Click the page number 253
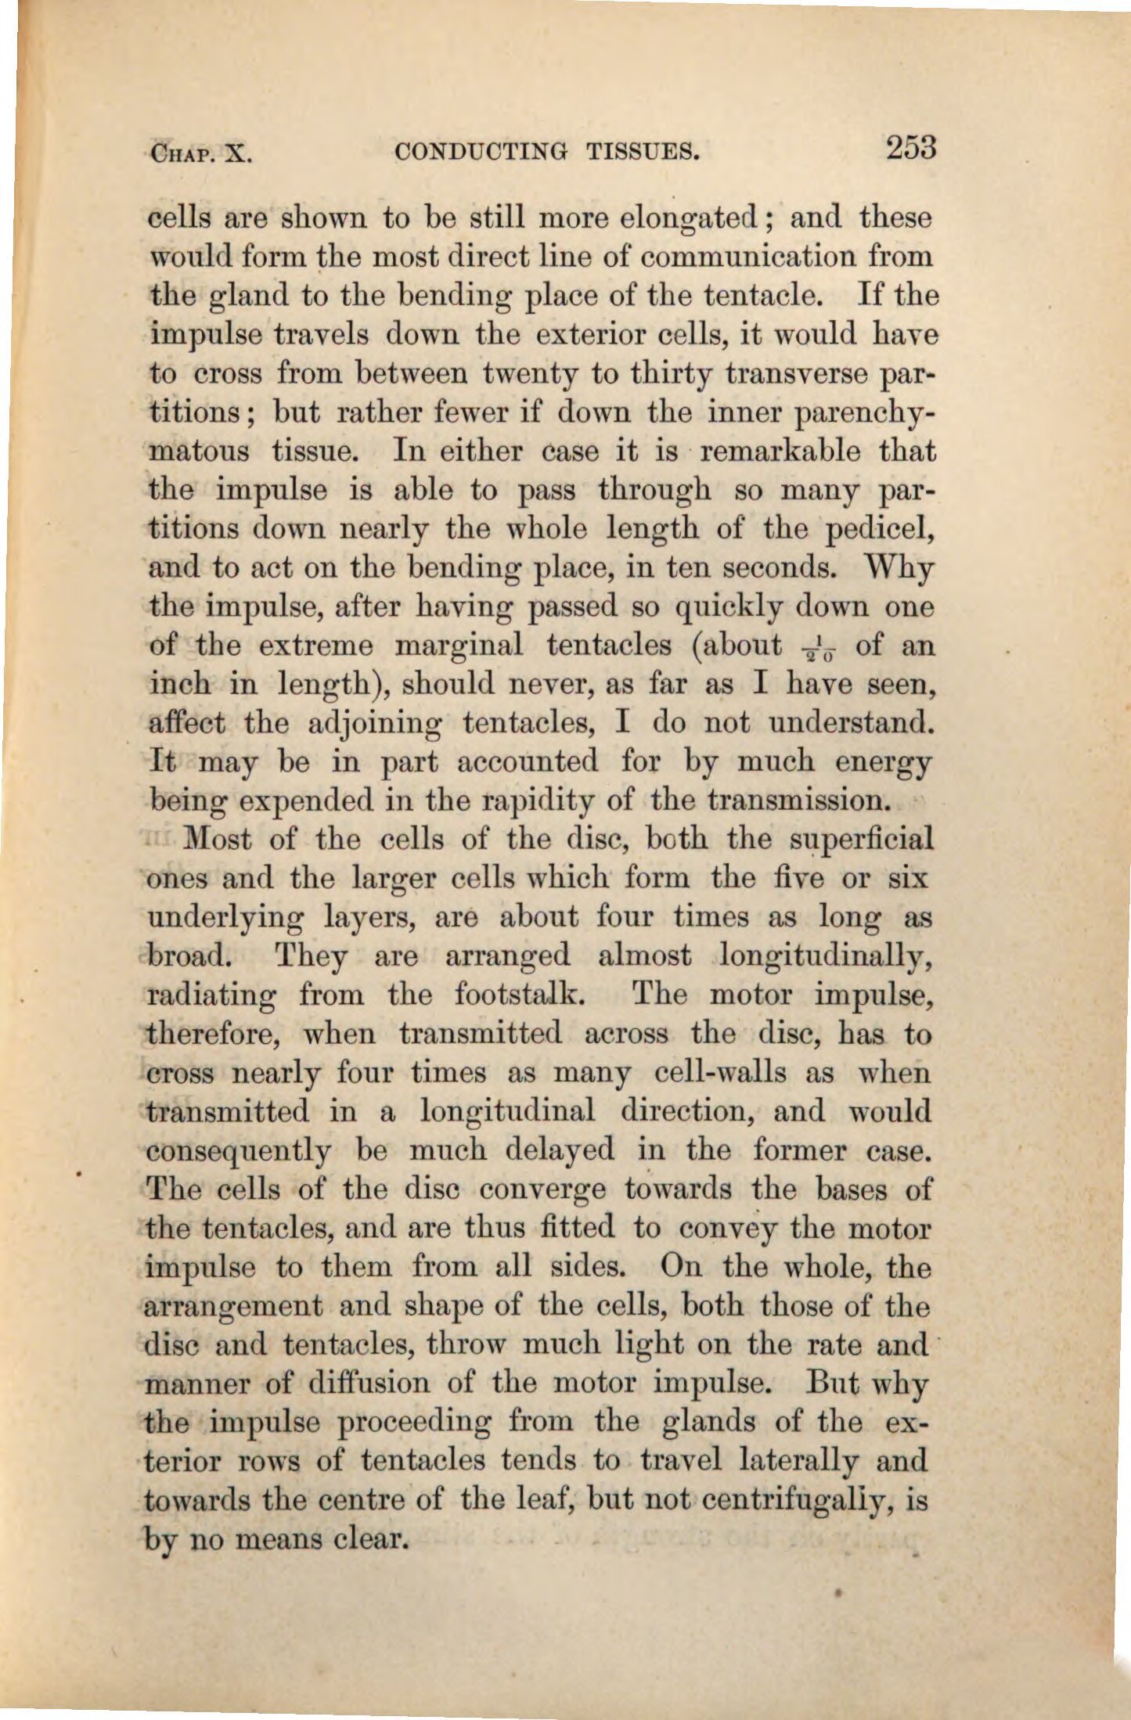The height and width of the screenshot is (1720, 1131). click(911, 147)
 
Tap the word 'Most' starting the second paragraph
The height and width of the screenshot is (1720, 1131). click(217, 840)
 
